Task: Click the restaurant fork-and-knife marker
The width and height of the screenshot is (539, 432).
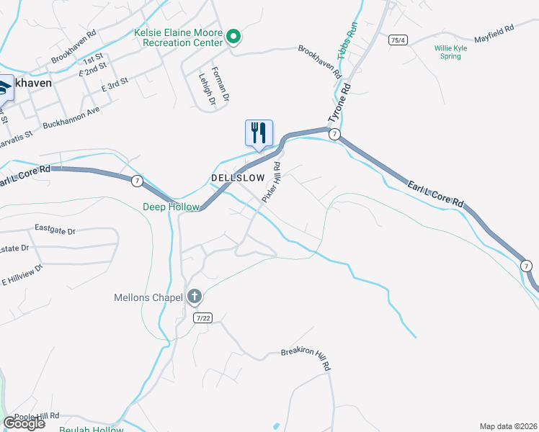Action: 259,133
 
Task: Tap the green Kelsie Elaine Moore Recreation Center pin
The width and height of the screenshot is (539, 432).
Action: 233,36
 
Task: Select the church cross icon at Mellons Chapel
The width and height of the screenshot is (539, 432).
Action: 194,297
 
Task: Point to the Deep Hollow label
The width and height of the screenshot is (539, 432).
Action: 171,207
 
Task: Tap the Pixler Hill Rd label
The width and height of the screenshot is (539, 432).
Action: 272,182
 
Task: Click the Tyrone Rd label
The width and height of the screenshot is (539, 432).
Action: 339,102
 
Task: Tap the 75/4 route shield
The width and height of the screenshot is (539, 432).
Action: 397,40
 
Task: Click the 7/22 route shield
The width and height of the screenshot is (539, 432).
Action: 203,318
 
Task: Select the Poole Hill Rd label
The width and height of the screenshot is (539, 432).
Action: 36,417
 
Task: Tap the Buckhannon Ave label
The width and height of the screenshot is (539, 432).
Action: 71,118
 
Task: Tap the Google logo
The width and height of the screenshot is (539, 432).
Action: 24,423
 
